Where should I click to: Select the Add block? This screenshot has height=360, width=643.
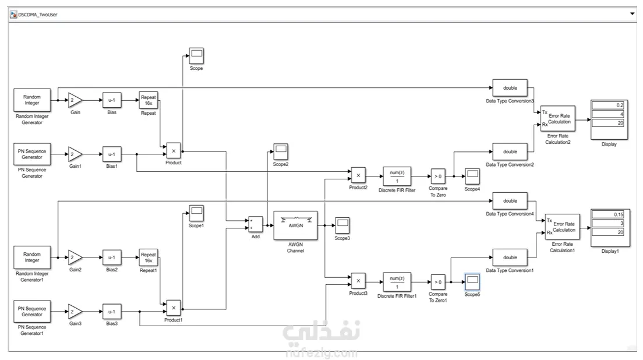tap(255, 224)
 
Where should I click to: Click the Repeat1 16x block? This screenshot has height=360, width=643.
tap(149, 257)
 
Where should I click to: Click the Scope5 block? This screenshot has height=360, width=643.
tap(472, 282)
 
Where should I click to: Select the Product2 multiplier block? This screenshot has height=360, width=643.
tap(358, 175)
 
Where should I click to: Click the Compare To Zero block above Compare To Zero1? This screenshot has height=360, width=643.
tap(437, 175)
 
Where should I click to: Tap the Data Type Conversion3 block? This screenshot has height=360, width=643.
tap(510, 88)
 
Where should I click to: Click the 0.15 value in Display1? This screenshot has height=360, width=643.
tap(609, 214)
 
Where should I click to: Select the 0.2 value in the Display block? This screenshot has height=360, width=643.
tap(609, 105)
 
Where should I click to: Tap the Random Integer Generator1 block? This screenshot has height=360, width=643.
tap(32, 257)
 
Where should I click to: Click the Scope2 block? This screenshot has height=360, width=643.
tap(281, 151)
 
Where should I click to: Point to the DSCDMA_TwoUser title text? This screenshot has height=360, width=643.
tap(38, 13)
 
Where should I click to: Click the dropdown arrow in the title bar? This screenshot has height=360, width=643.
tap(633, 13)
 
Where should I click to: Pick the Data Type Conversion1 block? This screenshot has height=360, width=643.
tap(510, 257)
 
